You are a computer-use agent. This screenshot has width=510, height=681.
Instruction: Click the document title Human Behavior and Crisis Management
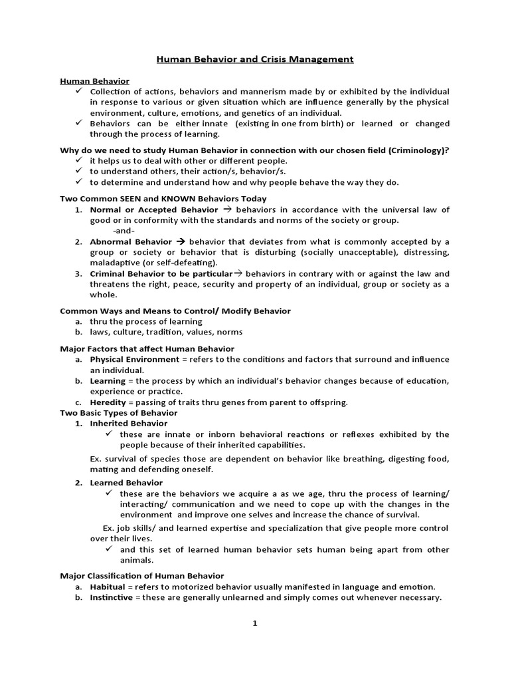click(x=255, y=59)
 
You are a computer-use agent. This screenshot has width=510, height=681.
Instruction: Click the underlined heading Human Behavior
click(x=94, y=81)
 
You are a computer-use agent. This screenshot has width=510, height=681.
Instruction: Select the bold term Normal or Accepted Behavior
click(x=154, y=209)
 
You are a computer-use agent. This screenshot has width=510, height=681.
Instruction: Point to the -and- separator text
click(x=124, y=230)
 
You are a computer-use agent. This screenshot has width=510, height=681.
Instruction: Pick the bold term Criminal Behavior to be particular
click(x=161, y=273)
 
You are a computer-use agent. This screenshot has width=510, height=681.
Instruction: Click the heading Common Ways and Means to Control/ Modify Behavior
click(x=175, y=311)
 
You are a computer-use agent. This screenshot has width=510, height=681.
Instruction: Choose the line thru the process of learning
click(x=146, y=321)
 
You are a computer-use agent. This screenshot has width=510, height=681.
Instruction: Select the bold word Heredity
click(x=108, y=402)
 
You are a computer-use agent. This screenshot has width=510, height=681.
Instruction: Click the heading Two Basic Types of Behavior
click(x=118, y=412)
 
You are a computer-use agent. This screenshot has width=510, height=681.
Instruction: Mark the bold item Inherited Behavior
click(x=129, y=423)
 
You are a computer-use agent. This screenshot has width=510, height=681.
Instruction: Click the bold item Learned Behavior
click(x=126, y=482)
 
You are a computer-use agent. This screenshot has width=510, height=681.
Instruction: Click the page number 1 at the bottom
click(x=255, y=623)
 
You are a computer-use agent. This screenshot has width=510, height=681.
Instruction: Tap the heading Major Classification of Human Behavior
click(x=142, y=575)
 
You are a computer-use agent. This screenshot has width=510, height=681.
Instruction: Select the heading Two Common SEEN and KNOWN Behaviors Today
click(x=163, y=198)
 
